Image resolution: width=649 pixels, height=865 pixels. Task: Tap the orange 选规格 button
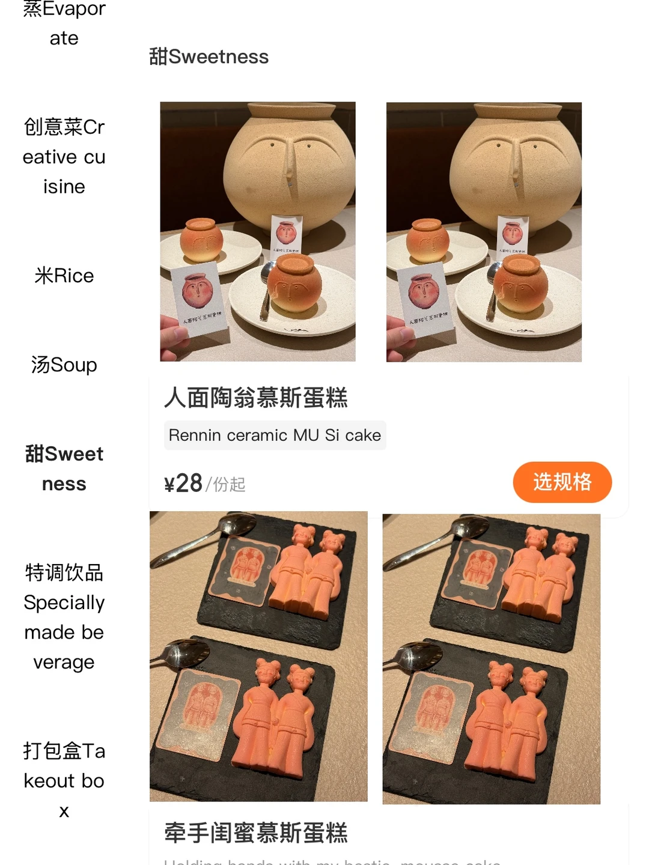[x=562, y=482]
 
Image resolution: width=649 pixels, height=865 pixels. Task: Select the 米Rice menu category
[x=64, y=276]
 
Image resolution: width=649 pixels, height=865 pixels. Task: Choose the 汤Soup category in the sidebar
[x=64, y=365]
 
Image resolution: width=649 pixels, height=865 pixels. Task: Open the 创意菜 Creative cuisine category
[x=64, y=157]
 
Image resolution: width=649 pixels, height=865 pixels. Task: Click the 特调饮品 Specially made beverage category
[x=64, y=617]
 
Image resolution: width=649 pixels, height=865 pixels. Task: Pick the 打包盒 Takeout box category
[x=64, y=780]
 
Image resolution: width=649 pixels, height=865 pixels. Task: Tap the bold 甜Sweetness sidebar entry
[x=64, y=469]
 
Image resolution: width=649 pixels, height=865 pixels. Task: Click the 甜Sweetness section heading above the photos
[x=209, y=56]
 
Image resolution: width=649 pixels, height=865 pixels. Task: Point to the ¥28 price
[x=183, y=483]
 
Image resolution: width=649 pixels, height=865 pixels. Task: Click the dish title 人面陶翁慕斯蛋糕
[x=256, y=398]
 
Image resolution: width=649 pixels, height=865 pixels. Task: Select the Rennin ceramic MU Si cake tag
[x=275, y=435]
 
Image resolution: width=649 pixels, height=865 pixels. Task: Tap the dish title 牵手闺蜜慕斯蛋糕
[x=256, y=833]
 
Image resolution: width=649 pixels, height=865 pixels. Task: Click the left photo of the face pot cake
[x=258, y=231]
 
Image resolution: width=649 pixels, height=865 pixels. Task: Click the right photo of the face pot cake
[x=484, y=231]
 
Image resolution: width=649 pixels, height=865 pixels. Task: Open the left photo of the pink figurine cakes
[x=258, y=656]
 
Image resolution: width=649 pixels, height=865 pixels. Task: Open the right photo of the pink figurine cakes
[x=492, y=658]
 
